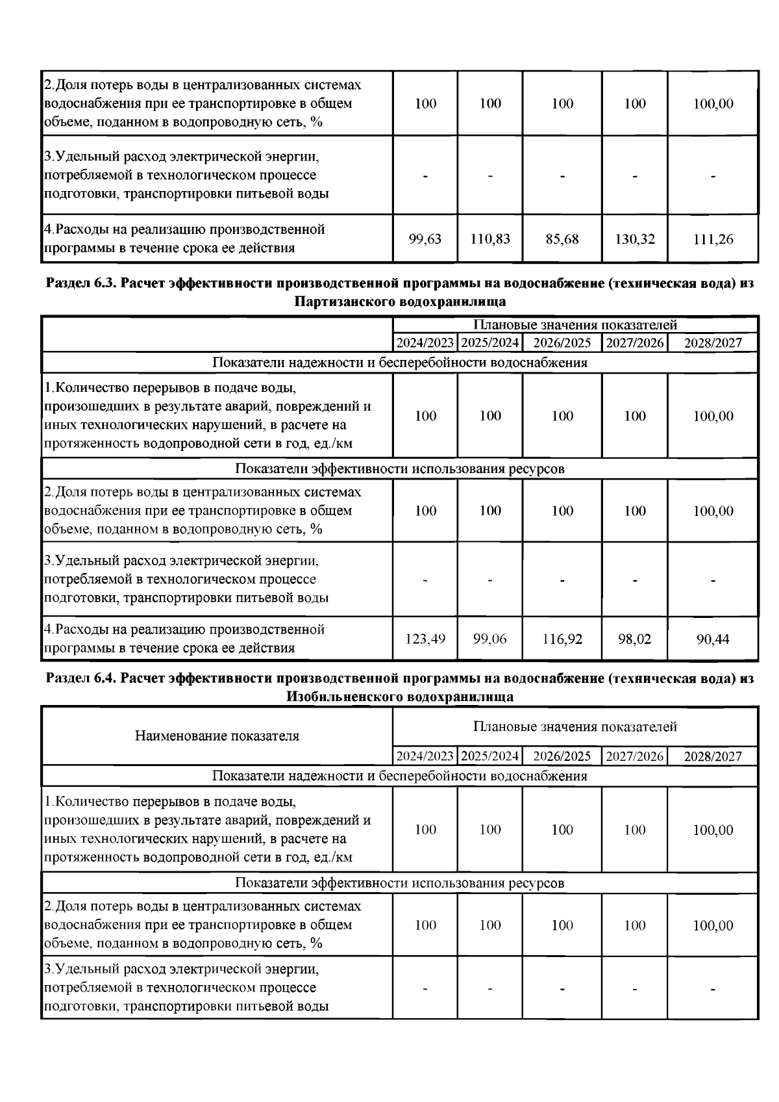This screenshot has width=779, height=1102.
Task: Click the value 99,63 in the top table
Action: (x=425, y=239)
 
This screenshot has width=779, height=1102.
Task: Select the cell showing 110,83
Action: (x=490, y=239)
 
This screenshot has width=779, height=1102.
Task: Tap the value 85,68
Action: (x=562, y=239)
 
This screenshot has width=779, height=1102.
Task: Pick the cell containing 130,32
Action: (x=635, y=239)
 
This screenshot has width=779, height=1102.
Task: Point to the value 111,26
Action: (x=713, y=239)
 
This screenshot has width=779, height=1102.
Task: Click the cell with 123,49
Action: (x=425, y=639)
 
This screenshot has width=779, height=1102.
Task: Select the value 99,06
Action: (x=490, y=639)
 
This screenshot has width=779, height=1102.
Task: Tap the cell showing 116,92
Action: (x=562, y=639)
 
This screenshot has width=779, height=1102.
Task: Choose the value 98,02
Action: (x=635, y=639)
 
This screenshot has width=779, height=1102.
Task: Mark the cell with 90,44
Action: (x=713, y=639)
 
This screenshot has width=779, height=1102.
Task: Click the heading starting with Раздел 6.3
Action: (x=399, y=284)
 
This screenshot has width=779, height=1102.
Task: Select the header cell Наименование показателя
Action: (x=217, y=736)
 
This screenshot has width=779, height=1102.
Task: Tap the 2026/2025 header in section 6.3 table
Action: (x=562, y=343)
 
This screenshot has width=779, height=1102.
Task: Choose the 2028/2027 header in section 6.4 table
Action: (x=713, y=756)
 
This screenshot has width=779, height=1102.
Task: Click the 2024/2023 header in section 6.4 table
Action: (x=425, y=756)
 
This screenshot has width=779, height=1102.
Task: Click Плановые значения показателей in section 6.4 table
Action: (x=575, y=726)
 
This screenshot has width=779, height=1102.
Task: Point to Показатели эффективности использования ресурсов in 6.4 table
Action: (x=399, y=883)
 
